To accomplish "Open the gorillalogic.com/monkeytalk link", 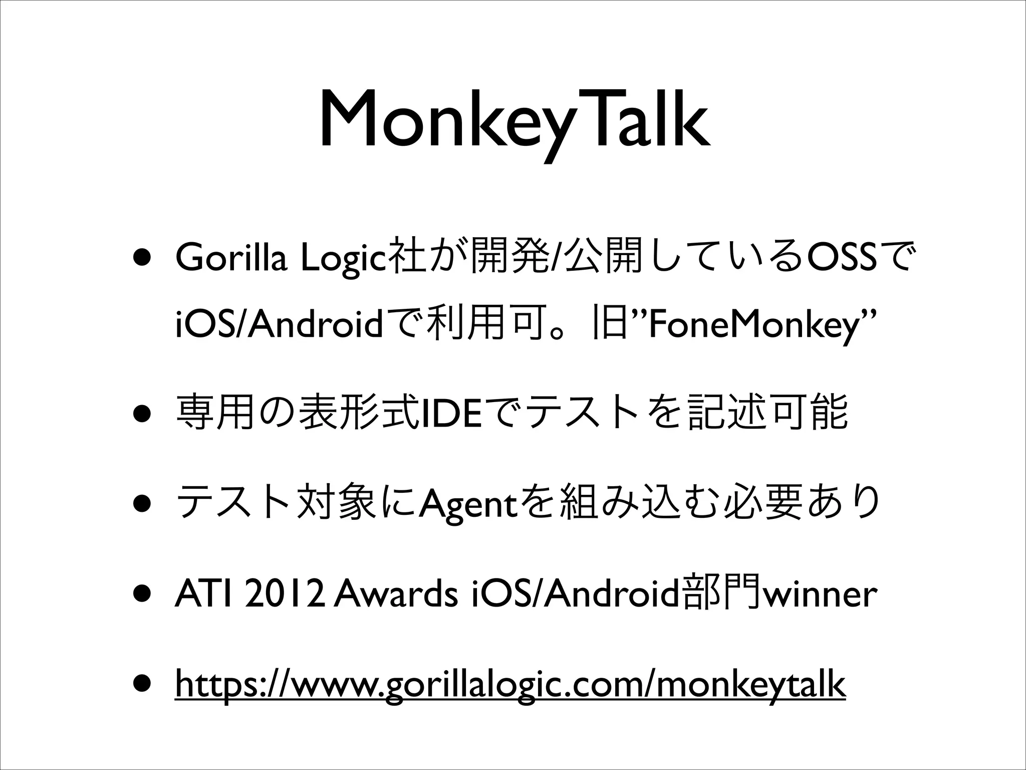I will coord(510,684).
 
